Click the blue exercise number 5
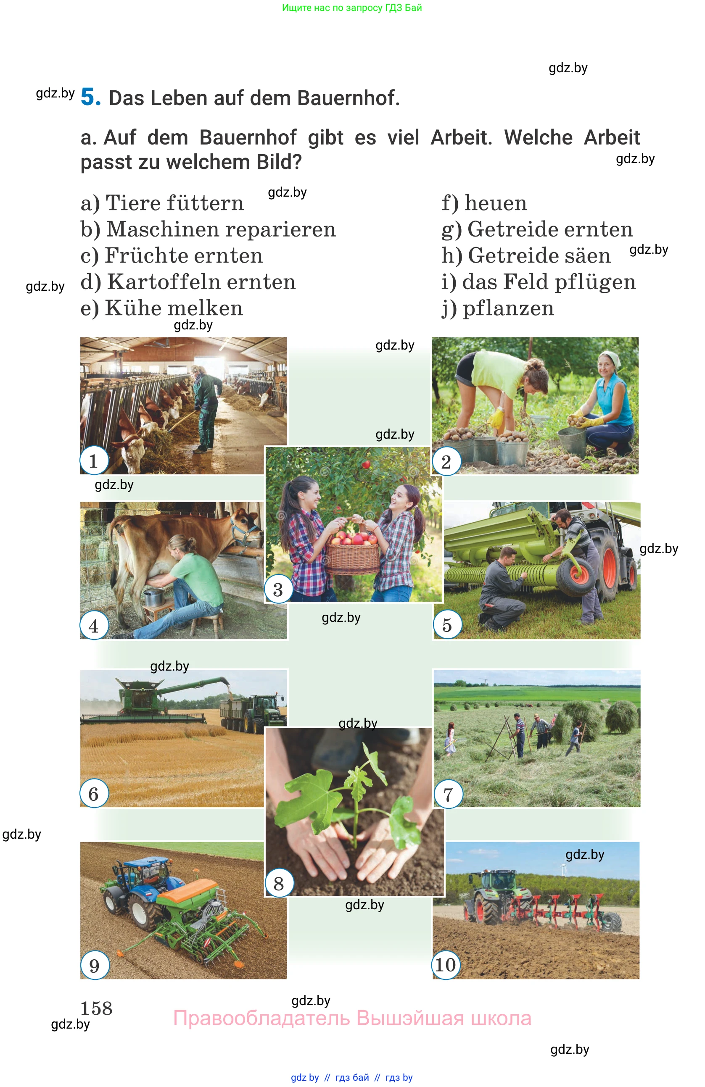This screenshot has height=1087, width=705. pos(90,97)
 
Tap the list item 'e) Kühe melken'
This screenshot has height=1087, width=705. pos(162,308)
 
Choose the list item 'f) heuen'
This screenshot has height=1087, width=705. pos(484,203)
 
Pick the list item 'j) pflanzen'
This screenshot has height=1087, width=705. pos(498,308)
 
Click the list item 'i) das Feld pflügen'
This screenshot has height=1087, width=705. pos(538,282)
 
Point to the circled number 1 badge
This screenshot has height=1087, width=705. pos(94,461)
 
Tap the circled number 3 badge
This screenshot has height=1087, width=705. pos(278,589)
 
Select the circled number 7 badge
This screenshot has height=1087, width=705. pos(448,794)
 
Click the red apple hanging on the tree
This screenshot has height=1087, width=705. pos(365,464)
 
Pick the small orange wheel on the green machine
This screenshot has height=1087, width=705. pos(579,574)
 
